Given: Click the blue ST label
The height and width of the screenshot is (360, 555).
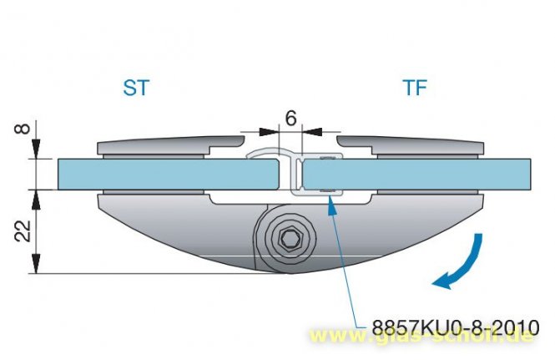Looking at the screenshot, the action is [x=136, y=88].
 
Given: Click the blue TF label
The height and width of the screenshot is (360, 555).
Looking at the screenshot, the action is [x=415, y=88].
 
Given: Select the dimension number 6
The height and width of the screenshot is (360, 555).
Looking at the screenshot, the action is [x=290, y=119].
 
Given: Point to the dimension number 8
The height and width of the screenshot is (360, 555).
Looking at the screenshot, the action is [x=23, y=128].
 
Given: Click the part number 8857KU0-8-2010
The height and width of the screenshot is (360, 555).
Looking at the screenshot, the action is [x=456, y=327].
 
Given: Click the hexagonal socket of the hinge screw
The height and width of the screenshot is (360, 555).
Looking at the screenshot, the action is [x=290, y=238].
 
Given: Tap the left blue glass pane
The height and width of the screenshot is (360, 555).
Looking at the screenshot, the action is [x=168, y=175].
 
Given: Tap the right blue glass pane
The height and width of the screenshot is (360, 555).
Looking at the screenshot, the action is [x=417, y=175].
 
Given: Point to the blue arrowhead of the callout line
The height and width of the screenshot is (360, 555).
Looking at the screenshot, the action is [x=331, y=205].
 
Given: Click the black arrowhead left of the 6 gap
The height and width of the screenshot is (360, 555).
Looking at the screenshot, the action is [x=269, y=132].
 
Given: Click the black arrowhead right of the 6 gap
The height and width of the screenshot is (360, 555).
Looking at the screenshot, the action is [x=312, y=132].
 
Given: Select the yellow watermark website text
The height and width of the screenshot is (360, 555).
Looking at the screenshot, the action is [x=421, y=335].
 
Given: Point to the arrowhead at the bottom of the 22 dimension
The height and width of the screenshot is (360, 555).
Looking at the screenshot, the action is [x=35, y=264].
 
